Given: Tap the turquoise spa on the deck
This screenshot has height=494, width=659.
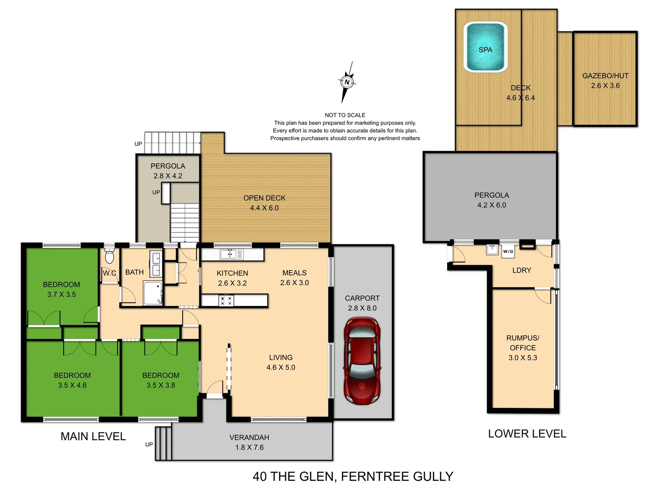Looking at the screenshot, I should pos(485,47).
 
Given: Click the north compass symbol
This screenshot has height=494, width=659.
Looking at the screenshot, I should pos(347,82).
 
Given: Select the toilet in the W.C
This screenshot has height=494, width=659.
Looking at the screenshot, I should pos(109,256).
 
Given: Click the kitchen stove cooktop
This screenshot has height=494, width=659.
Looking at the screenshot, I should pos(226,301).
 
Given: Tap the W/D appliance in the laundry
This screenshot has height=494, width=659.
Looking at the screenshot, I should pos(508,252).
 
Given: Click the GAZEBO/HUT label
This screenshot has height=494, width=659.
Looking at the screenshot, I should pos(605,76).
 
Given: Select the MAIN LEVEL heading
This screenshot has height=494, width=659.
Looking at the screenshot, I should pos(93,436).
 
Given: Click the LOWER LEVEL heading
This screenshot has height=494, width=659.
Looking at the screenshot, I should pos(527,434).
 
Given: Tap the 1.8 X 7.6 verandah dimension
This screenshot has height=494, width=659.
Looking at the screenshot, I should pos(249,447).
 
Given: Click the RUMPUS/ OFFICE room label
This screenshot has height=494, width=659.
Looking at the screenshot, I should pos(523,343).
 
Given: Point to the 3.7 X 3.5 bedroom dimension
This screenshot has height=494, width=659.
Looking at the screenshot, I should pos(61,295).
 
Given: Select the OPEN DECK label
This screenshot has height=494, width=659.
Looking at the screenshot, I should pos(264,198).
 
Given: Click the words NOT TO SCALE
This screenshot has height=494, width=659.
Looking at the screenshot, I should pos(345,115).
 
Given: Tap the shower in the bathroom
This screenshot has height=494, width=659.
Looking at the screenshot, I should pos(152,293).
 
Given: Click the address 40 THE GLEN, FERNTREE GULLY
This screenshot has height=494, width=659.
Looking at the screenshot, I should pos(353,477).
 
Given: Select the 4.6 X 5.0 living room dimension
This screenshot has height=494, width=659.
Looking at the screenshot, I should pos(281,367).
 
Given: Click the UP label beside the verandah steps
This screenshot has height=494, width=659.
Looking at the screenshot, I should pos(149,444).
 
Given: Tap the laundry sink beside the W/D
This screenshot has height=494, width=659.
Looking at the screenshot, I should pos(492,250).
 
